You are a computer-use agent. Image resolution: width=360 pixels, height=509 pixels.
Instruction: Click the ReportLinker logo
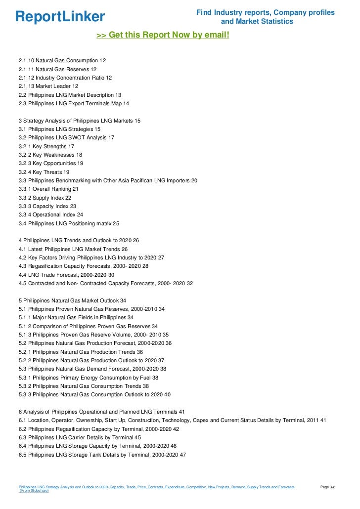coord(60,17)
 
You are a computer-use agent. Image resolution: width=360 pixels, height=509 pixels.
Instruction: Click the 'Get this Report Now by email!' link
coord(163,36)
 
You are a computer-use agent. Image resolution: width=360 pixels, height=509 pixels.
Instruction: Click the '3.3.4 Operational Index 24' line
coord(51,214)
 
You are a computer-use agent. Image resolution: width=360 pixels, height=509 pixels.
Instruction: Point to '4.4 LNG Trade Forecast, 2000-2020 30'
coord(66,275)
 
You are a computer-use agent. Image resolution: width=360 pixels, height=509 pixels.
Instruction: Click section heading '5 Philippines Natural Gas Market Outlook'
coord(72,300)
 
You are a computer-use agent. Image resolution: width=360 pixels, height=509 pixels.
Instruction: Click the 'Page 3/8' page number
coord(328,487)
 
